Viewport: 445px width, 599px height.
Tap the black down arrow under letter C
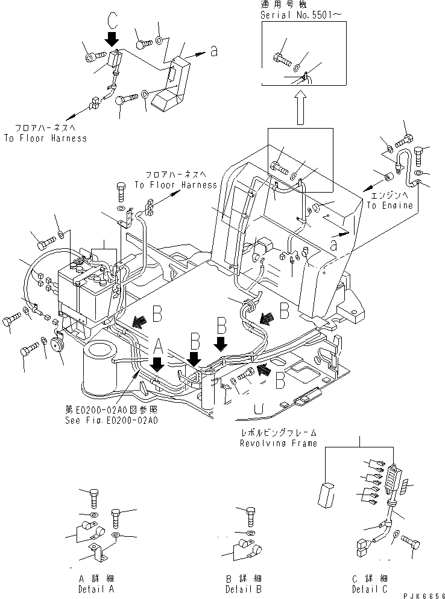(x=112, y=40)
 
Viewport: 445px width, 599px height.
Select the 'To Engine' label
(x=390, y=205)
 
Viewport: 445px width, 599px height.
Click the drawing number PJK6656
(x=421, y=594)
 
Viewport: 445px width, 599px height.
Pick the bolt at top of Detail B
(x=251, y=516)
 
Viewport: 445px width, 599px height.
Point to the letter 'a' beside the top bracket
(x=214, y=53)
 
